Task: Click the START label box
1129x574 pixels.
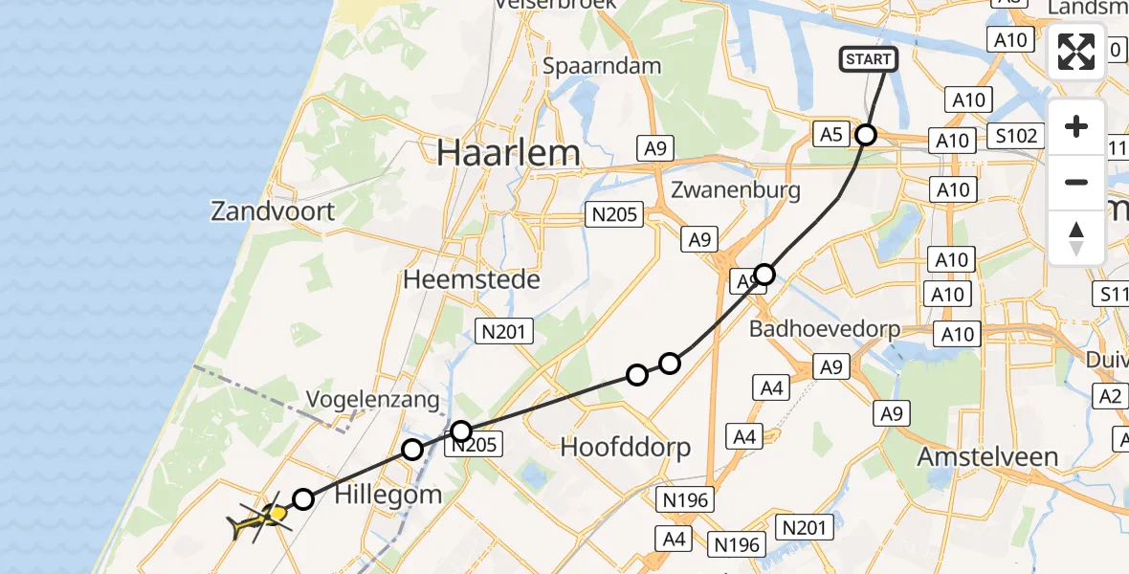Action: [869, 59]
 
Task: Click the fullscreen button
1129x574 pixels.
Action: [1076, 52]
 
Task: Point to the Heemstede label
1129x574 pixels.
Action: [472, 279]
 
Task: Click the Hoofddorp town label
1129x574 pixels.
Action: [626, 447]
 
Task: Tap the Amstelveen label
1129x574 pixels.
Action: [987, 456]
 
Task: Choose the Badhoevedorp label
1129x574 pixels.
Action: [826, 329]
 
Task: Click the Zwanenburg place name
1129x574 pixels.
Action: [736, 189]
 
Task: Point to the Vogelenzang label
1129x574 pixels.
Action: [373, 399]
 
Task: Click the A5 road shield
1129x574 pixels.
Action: [831, 135]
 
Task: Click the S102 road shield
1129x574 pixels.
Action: [1016, 136]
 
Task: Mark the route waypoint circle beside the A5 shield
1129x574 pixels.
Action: [866, 135]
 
